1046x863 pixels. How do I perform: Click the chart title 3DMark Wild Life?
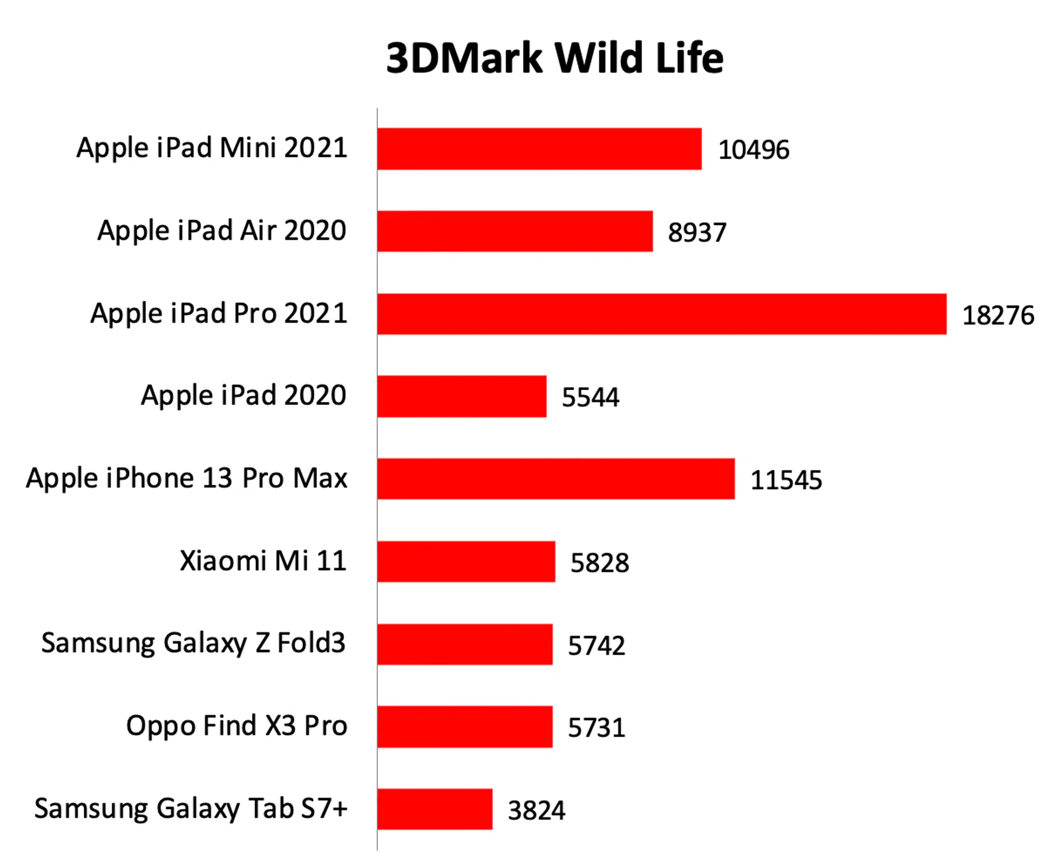point(555,58)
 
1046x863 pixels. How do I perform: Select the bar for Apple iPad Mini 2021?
point(539,149)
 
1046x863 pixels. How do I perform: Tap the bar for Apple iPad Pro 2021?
point(661,314)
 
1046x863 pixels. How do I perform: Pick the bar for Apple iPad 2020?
point(461,396)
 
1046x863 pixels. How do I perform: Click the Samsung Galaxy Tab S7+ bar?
point(435,809)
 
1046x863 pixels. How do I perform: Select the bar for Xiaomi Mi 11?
point(466,561)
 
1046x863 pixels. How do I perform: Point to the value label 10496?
point(753,150)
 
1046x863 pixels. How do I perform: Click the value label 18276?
point(998,315)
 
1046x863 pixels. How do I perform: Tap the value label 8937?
point(697,233)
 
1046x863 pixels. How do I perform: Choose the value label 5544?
point(590,397)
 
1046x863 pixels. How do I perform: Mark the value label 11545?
point(786,481)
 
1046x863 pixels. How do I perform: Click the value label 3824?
point(537,810)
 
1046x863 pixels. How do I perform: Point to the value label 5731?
point(597,728)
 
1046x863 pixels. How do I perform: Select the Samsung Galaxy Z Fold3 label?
point(193,643)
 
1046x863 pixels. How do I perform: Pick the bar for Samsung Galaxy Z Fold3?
point(465,644)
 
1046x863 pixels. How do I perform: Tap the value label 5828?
point(599,563)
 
